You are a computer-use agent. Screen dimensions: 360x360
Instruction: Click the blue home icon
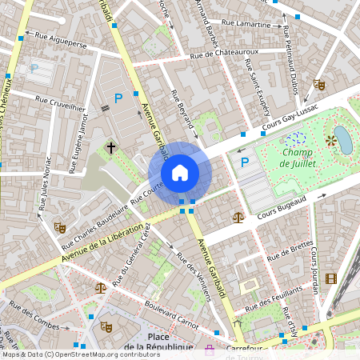pyautogui.click(x=180, y=173)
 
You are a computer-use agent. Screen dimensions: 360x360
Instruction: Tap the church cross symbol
pyautogui.click(x=112, y=147)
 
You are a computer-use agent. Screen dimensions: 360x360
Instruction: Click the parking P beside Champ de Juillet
pyautogui.click(x=245, y=162)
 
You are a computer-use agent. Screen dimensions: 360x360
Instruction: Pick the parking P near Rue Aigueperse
pyautogui.click(x=34, y=69)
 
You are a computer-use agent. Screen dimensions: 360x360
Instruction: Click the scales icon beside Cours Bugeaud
pyautogui.click(x=237, y=216)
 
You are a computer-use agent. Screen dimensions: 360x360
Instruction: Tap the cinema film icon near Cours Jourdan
pyautogui.click(x=331, y=278)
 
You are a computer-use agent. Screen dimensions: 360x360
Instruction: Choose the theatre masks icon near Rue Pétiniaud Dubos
pyautogui.click(x=319, y=84)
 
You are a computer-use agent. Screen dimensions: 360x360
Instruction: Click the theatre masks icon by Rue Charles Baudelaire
pyautogui.click(x=58, y=226)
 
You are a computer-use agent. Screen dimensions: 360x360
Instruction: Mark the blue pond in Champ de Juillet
pyautogui.click(x=343, y=139)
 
